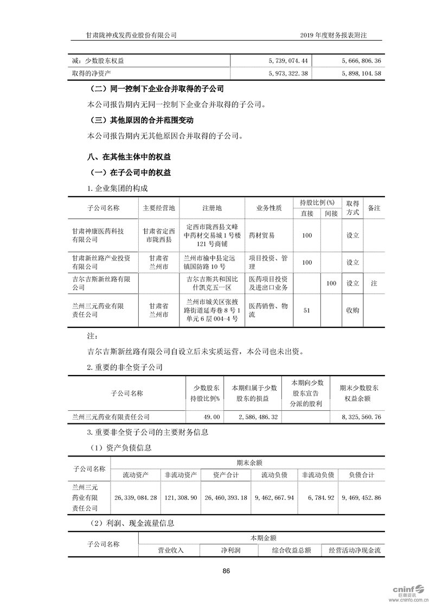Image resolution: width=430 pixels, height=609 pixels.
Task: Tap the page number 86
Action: click(x=227, y=570)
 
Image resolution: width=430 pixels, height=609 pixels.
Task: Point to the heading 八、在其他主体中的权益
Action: click(x=129, y=157)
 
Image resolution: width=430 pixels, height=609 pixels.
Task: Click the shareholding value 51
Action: click(x=307, y=310)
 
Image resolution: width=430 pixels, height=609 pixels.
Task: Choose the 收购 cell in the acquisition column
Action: click(x=352, y=310)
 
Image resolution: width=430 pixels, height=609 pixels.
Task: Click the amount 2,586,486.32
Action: click(x=258, y=417)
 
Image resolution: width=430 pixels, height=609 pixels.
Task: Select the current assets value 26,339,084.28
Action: click(x=136, y=497)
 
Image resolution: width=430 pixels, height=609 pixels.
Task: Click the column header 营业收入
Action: click(x=171, y=550)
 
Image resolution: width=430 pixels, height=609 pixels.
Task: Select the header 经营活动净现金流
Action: click(x=355, y=550)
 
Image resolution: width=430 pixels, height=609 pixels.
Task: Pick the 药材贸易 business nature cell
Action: click(x=261, y=236)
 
